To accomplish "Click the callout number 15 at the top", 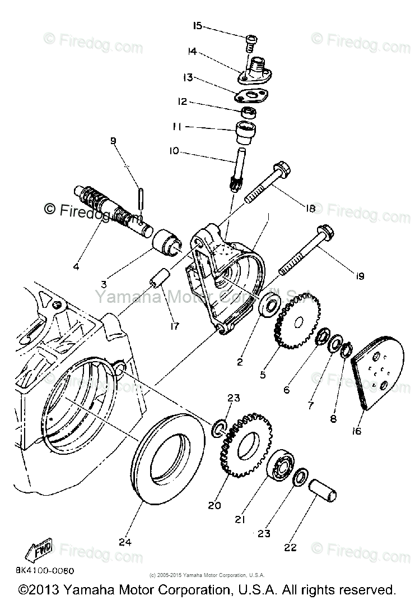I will coord(197,26).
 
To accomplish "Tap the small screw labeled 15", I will coord(251,43).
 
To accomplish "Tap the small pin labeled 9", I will coord(140,200).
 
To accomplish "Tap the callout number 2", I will coord(239,362).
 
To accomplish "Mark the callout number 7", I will coord(311,403).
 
